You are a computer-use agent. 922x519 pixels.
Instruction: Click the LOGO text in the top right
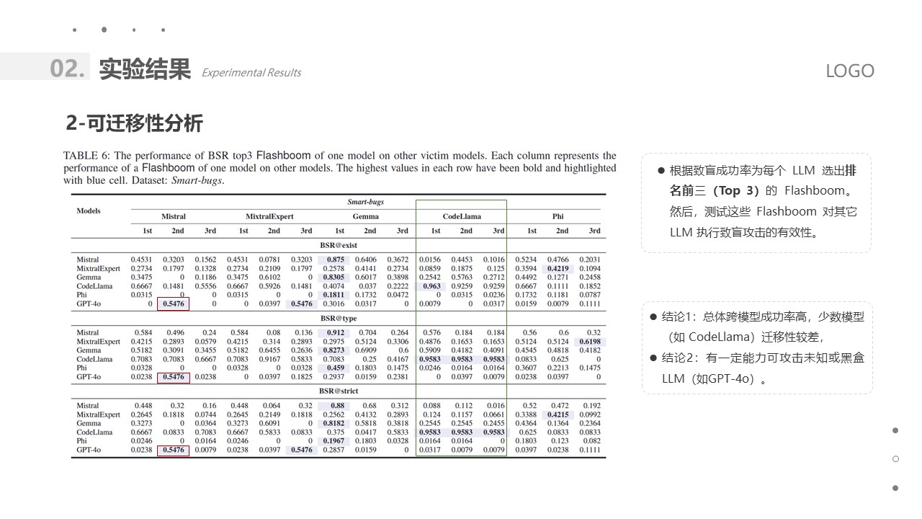(849, 71)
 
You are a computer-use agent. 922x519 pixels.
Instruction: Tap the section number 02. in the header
(68, 68)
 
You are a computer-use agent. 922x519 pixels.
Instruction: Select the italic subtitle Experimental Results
(251, 73)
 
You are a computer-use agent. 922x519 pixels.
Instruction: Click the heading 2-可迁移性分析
(135, 123)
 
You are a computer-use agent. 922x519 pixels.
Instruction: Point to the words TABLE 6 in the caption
(85, 156)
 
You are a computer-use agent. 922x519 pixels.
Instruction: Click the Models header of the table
(89, 210)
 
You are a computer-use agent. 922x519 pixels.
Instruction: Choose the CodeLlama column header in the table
(462, 216)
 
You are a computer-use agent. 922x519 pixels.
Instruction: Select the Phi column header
(558, 216)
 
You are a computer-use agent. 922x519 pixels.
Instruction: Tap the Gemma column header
(366, 216)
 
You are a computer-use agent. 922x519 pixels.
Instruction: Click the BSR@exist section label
(339, 245)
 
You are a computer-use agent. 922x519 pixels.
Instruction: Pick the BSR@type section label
(339, 318)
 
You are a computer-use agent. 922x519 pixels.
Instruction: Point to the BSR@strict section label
(339, 391)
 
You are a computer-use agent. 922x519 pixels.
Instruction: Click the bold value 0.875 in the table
(336, 259)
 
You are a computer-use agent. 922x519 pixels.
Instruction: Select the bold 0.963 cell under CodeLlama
(431, 286)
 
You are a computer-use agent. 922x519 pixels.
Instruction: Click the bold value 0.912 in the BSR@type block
(336, 333)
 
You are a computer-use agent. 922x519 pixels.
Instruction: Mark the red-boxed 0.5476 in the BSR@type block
(173, 377)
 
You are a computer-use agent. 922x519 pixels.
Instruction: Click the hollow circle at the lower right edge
(895, 459)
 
